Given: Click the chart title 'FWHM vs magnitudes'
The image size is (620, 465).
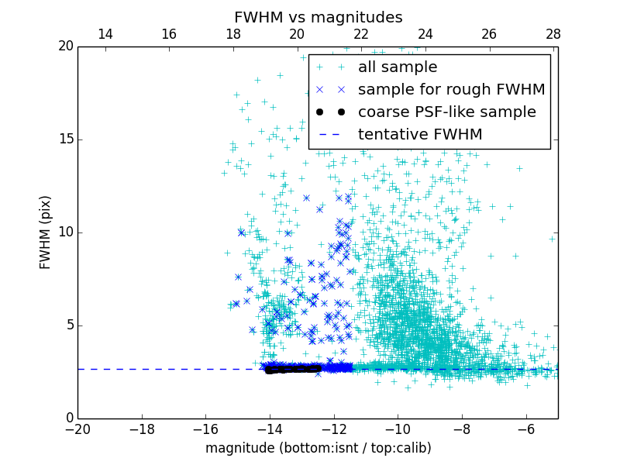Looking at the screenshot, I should coord(318,17).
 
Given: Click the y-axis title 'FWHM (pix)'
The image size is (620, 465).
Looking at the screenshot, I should coord(46,232).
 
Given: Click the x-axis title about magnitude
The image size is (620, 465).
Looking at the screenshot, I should coord(318,448).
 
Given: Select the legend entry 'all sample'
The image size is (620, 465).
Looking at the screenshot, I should coord(397,67).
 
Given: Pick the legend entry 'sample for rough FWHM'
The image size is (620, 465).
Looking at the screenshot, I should coord(451,90).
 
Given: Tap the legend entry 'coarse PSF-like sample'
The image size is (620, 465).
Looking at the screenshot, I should coord(446,112).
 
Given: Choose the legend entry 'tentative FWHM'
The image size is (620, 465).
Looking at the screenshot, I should coord(419,135).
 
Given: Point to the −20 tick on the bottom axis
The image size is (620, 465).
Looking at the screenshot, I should coord(77,429).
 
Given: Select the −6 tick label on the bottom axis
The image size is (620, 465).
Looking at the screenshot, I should coord(525,429).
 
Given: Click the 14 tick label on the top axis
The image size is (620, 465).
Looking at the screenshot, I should coord(105,34).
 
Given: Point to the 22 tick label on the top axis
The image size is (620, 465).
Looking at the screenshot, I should coord(361,34).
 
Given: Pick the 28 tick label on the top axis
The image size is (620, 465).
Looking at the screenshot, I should coord(553,34).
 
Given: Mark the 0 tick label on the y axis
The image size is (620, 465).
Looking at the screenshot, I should coord(67,418).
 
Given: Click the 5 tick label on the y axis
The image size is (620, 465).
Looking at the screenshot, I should coord(67,325).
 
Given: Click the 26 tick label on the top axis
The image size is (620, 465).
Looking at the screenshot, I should coord(489,34).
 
